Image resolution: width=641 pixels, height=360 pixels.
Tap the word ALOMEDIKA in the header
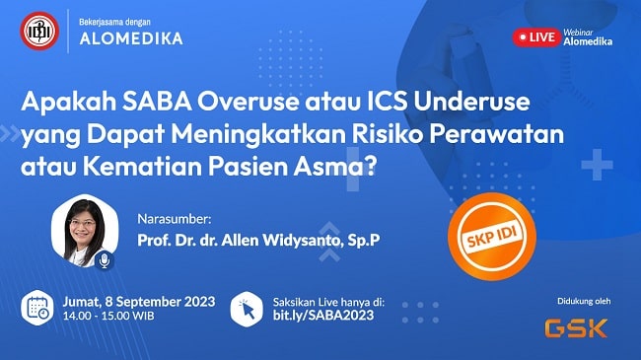pos(132,39)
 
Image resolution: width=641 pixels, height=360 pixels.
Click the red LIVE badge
pos(536,36)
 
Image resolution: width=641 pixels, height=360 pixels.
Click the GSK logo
pos(577,326)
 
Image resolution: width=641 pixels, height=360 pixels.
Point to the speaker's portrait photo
pos(81,232)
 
